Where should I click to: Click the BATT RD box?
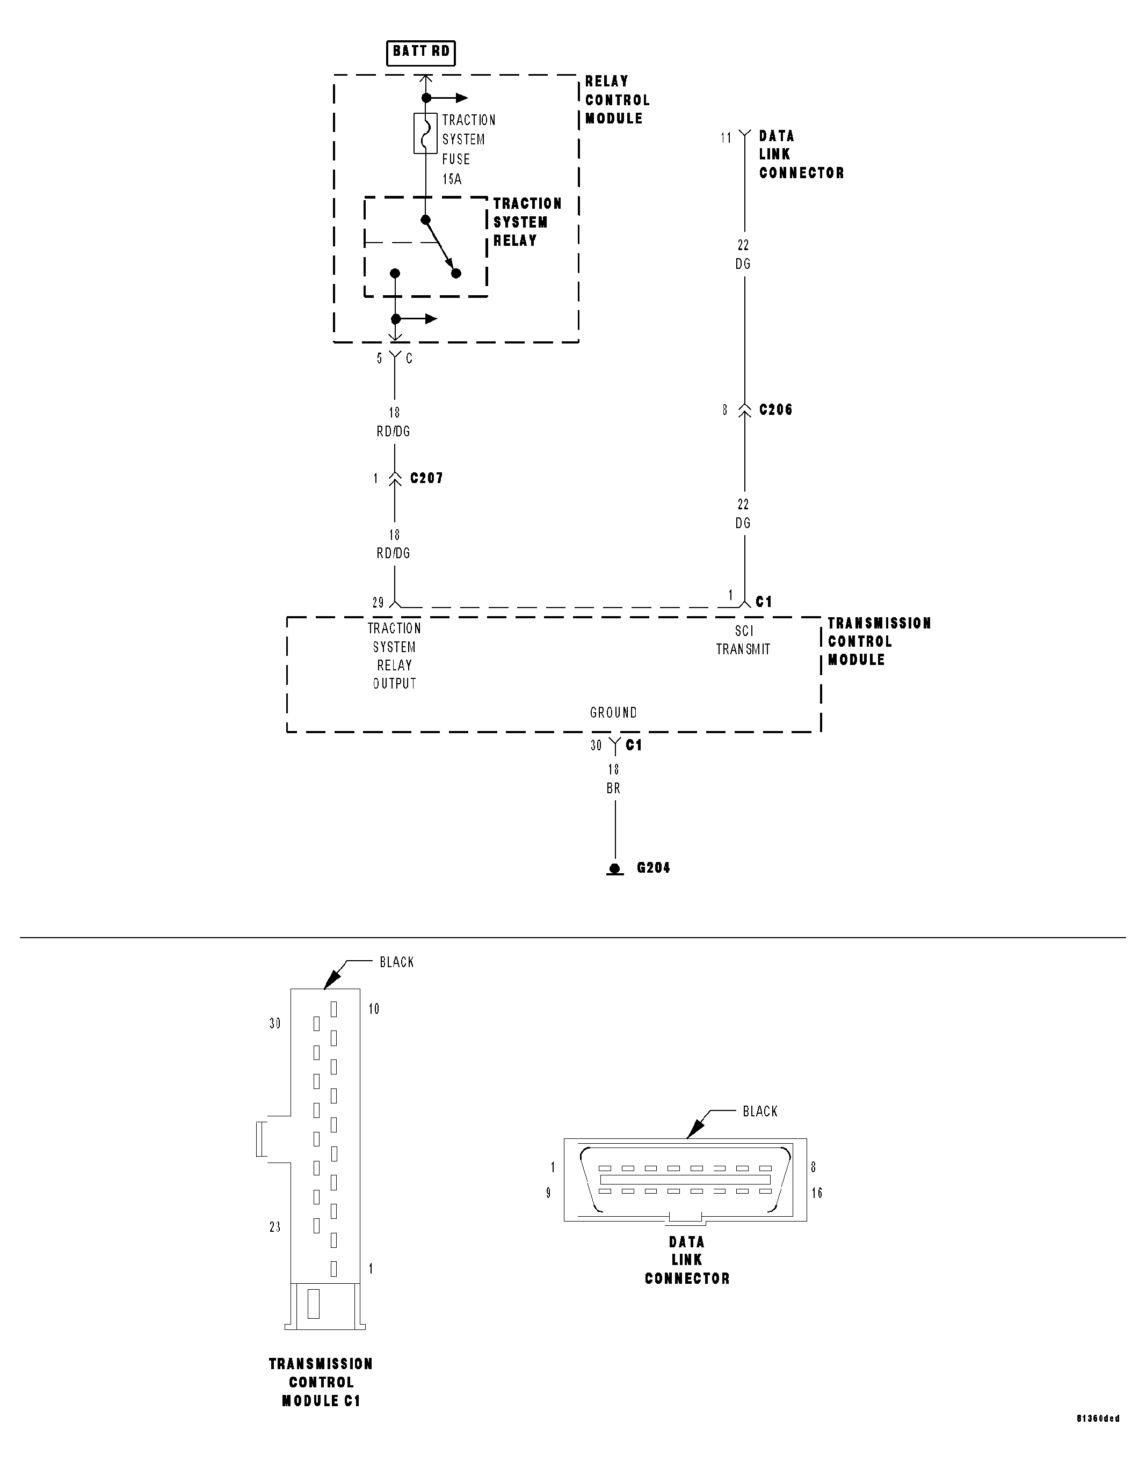[420, 52]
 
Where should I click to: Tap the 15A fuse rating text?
[452, 179]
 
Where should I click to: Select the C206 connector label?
[775, 410]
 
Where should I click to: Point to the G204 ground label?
[653, 868]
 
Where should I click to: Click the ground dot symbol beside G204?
[614, 869]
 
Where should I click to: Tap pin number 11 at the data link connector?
[726, 138]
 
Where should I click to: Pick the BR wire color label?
[613, 788]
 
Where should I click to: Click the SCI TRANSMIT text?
[743, 640]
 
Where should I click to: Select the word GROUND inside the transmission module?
[613, 713]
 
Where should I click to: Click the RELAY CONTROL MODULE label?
[616, 100]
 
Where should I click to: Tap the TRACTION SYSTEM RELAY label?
[527, 222]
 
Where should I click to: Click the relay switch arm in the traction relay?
[440, 246]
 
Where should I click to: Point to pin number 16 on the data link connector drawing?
[817, 1193]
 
